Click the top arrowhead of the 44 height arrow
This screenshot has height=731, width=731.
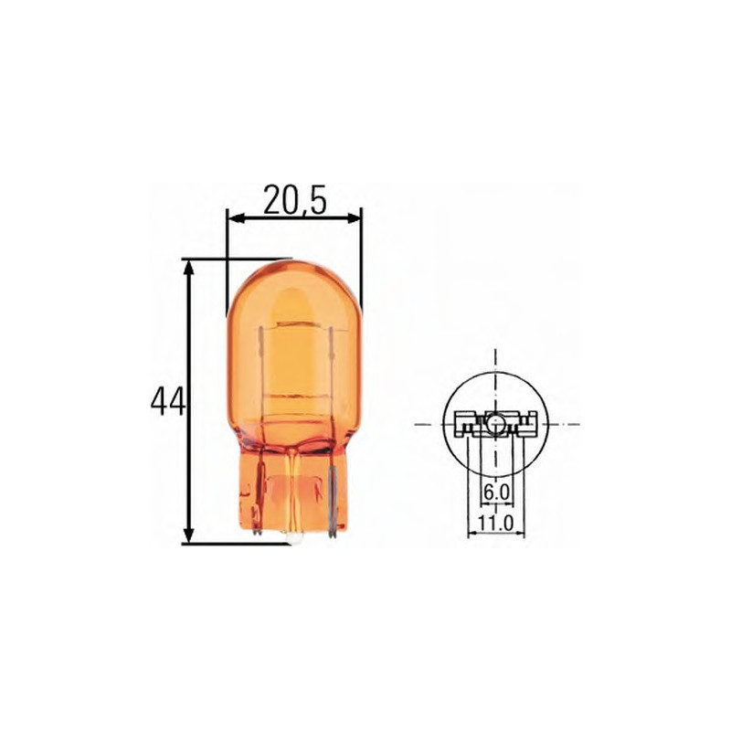click(189, 266)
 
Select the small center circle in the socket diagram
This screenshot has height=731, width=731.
click(493, 423)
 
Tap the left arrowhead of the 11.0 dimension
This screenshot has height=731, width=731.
click(471, 533)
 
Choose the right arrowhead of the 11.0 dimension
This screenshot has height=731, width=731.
click(519, 533)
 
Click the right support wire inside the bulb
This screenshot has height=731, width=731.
click(330, 365)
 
